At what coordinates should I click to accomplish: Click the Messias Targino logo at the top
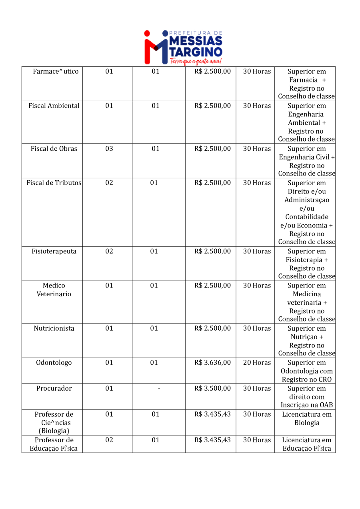pyautogui.click(x=183, y=47)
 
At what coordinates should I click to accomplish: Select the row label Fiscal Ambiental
pyautogui.click(x=54, y=106)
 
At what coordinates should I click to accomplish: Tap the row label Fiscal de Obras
pyautogui.click(x=54, y=149)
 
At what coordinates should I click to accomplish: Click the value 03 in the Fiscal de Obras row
pyautogui.click(x=109, y=149)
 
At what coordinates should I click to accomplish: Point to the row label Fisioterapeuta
pyautogui.click(x=54, y=252)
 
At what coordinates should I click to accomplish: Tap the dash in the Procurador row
pyautogui.click(x=159, y=389)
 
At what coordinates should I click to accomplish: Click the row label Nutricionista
pyautogui.click(x=54, y=328)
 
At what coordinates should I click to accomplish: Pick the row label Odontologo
pyautogui.click(x=54, y=363)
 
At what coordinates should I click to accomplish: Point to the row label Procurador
pyautogui.click(x=54, y=389)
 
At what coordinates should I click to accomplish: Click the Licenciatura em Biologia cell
pyautogui.click(x=307, y=419)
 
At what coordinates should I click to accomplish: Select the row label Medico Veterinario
pyautogui.click(x=54, y=290)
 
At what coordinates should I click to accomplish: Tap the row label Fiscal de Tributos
pyautogui.click(x=54, y=183)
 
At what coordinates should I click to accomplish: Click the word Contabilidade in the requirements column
pyautogui.click(x=307, y=217)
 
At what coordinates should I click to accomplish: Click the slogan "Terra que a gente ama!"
pyautogui.click(x=196, y=61)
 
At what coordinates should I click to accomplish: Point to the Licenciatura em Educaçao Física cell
pyautogui.click(x=307, y=444)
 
